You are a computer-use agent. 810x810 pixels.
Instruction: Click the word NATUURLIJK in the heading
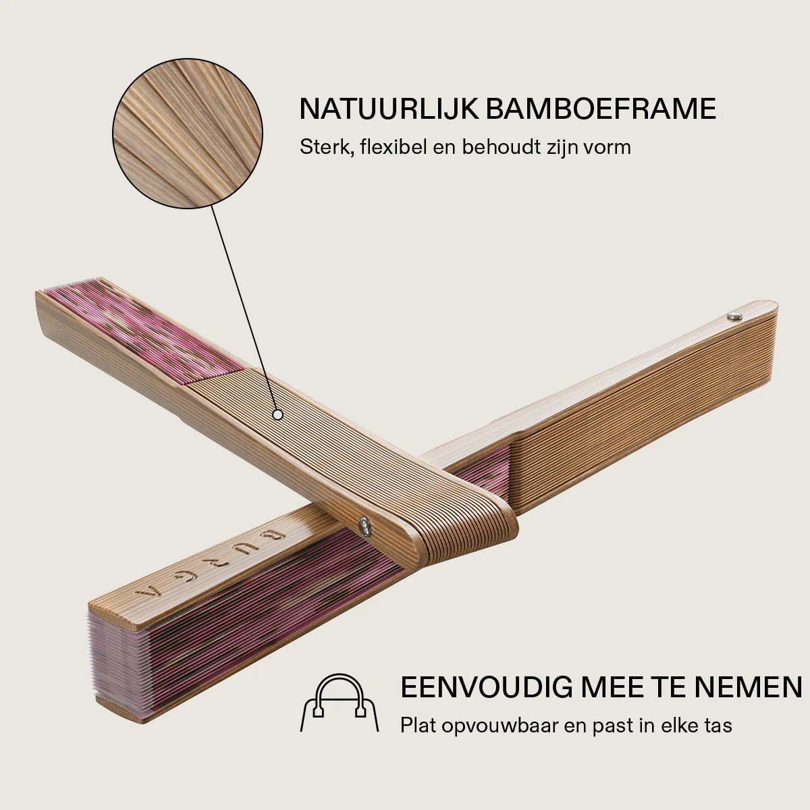click(389, 109)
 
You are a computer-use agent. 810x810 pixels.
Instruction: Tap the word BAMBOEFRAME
click(601, 109)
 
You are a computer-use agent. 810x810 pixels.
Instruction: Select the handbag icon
click(340, 705)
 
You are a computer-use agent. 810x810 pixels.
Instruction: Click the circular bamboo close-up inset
click(188, 134)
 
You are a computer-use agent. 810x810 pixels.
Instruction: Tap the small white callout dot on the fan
click(277, 414)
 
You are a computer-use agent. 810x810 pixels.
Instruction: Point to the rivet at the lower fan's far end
click(734, 315)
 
